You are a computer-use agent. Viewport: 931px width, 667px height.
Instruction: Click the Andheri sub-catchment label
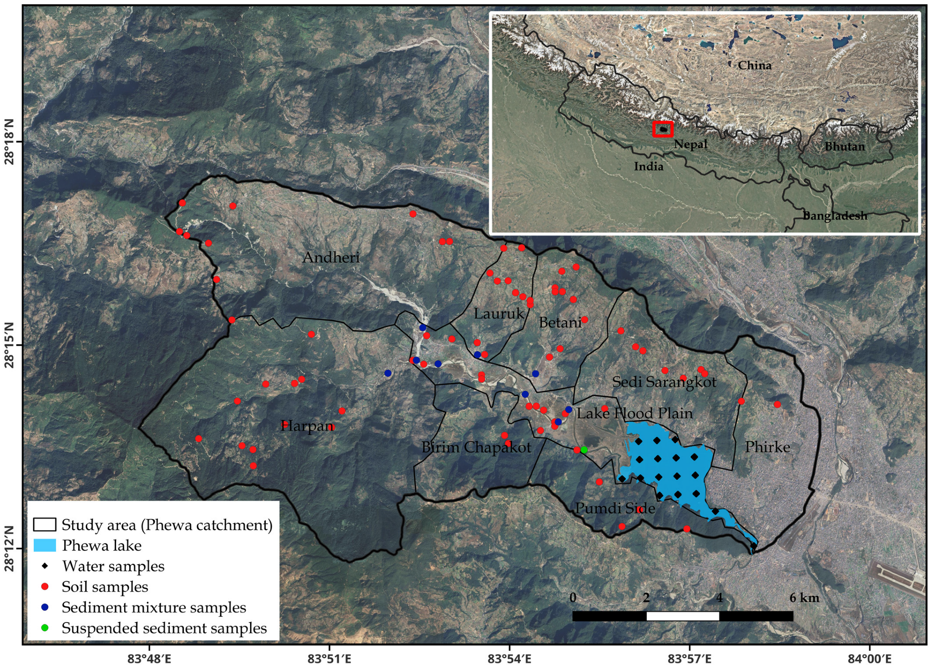331,257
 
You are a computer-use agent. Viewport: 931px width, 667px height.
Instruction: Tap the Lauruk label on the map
498,313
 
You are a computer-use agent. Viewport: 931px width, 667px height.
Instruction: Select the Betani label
560,322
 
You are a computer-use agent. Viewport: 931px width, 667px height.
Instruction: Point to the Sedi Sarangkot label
664,382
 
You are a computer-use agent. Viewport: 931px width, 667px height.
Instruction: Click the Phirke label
767,447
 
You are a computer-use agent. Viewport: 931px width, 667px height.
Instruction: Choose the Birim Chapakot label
476,447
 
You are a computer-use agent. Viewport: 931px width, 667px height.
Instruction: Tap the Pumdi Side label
615,508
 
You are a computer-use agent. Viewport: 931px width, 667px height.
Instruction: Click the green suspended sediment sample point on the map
584,450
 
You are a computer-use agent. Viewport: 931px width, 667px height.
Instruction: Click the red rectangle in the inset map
663,129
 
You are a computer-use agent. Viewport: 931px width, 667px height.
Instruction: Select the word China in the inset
754,65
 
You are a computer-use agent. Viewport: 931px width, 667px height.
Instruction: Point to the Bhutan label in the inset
844,147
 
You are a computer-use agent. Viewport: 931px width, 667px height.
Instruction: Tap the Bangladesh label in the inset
835,215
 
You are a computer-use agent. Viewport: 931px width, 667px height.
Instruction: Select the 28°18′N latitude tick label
10,141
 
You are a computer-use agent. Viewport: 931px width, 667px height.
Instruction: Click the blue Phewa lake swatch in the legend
45,545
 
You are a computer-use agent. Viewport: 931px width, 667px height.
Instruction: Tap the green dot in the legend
45,628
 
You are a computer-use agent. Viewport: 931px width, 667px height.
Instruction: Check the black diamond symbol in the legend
45,566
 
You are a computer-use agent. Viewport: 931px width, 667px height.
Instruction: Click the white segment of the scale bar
682,616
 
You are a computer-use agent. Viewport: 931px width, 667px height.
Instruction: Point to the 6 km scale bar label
804,598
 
